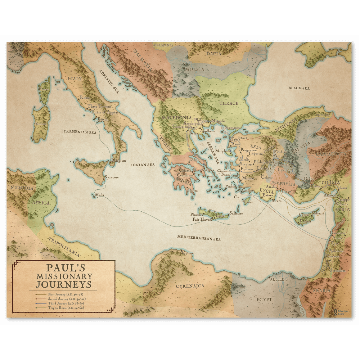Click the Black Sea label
299,88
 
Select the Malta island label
99,195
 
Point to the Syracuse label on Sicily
111,177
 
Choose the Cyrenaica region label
190,286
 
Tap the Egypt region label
264,300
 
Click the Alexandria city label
279,280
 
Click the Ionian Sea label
143,165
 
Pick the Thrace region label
229,103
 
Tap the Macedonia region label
176,118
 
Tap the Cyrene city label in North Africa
188,253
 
